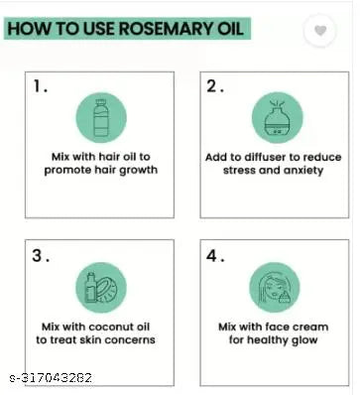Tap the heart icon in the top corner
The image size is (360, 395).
[x=319, y=31]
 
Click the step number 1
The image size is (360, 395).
[x=39, y=86]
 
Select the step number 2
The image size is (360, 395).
[x=215, y=86]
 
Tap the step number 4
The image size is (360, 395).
[x=215, y=256]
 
